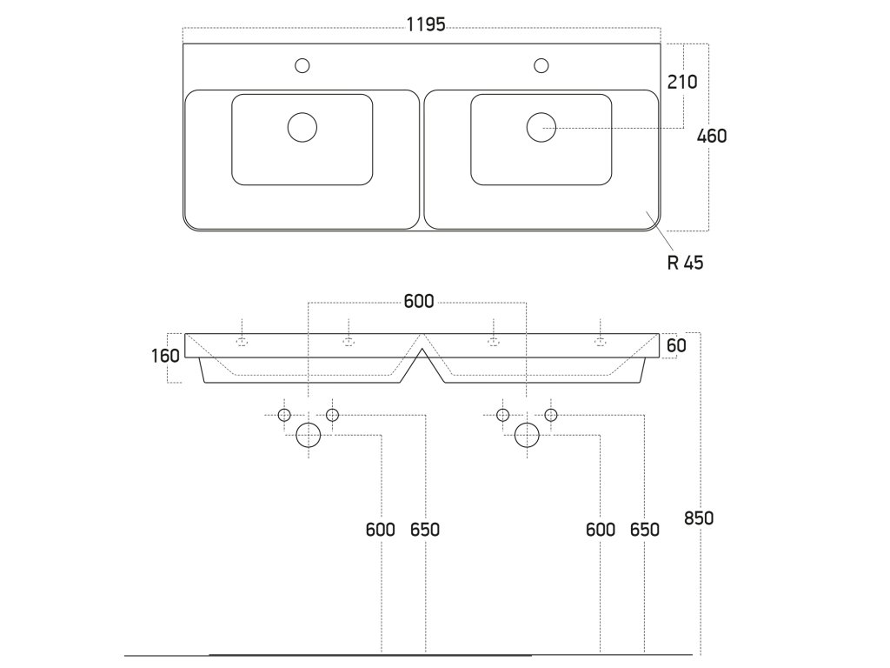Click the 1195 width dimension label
(426, 25)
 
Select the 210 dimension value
(682, 82)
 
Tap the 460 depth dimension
(712, 136)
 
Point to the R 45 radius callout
(685, 263)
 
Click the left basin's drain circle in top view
(302, 127)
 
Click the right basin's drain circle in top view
(541, 127)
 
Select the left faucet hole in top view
(302, 64)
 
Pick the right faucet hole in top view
(541, 64)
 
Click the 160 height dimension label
(165, 355)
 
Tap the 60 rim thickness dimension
(677, 345)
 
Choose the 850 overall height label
(698, 518)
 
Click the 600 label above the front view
(419, 303)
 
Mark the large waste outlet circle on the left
(309, 434)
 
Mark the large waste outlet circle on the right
(527, 434)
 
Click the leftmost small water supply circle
(284, 415)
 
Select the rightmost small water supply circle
(551, 415)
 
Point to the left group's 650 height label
(425, 530)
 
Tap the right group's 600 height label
(600, 530)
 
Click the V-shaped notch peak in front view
(422, 335)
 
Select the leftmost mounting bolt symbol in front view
(242, 341)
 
